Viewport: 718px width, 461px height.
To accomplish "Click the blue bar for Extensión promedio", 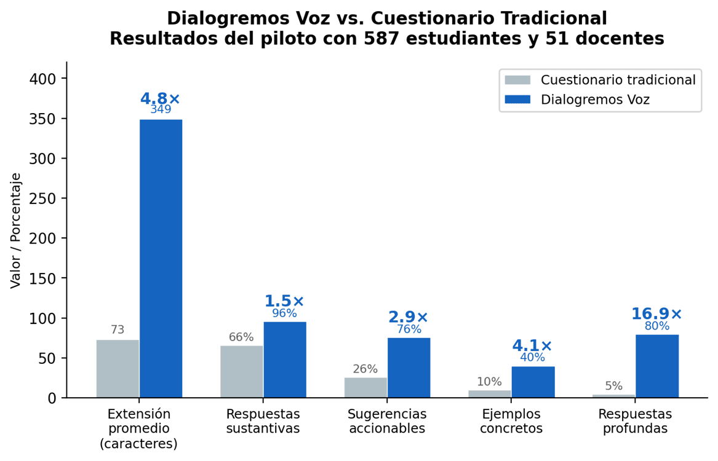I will (161, 258).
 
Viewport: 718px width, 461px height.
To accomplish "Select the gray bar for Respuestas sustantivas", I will (241, 371).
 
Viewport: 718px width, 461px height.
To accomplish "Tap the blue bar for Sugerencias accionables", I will (409, 368).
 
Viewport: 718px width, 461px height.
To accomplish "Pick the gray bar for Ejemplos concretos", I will (489, 394).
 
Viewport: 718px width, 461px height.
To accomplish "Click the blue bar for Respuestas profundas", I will (656, 366).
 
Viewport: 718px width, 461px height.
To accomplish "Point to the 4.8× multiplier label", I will (160, 99).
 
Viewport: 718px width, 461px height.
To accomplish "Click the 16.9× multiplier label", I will (656, 314).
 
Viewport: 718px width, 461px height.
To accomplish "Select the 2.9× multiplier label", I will (409, 317).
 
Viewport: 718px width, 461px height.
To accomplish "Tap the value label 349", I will (161, 110).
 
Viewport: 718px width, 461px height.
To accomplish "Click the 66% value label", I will (241, 337).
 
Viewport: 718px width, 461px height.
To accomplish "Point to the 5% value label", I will (613, 386).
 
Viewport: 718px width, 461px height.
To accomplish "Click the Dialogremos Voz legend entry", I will (595, 100).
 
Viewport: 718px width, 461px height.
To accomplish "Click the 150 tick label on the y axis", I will (42, 278).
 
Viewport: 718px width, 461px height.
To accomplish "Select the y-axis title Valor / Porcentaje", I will (16, 230).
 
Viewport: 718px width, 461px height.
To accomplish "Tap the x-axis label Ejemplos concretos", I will (511, 421).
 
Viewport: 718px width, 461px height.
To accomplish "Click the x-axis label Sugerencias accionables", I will (387, 421).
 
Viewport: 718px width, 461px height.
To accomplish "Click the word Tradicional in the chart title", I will (548, 18).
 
